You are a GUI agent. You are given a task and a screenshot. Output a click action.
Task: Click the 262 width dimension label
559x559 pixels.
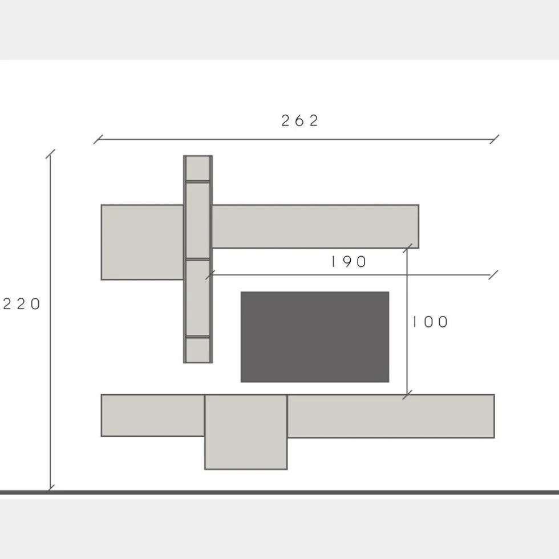(299, 121)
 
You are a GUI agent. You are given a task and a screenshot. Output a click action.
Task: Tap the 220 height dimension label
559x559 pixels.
(22, 304)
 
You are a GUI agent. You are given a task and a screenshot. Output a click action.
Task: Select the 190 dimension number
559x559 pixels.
(349, 262)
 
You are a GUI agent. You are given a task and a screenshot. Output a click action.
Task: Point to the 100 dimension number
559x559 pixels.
(430, 322)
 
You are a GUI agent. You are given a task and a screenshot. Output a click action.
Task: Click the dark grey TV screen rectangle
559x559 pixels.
(315, 337)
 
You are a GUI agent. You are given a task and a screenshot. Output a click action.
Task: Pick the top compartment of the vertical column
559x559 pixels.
(198, 169)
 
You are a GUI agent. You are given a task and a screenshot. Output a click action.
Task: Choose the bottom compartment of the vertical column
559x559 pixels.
(198, 350)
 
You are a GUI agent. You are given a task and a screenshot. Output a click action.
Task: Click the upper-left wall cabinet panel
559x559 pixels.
(142, 242)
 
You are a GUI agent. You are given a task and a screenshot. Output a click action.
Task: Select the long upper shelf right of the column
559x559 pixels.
(315, 226)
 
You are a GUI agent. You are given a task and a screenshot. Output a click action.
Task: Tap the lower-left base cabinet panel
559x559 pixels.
(153, 415)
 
